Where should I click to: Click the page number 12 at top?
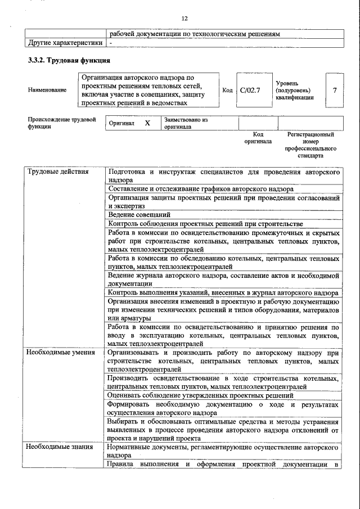pos(184,19)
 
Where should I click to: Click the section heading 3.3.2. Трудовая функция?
pos(69,60)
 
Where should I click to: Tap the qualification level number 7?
pos(335,90)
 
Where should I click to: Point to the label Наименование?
pos(47,90)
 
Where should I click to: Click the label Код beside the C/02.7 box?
pos(227,90)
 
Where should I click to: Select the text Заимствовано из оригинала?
pos(186,123)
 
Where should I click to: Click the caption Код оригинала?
pos(258,138)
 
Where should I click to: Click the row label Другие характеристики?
pos(65,43)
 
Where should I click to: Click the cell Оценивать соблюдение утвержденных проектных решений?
pos(201,395)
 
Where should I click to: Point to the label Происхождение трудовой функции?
pos(61,123)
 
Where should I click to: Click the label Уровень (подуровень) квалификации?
pos(295,90)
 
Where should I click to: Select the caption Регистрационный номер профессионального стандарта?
pos(310,145)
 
